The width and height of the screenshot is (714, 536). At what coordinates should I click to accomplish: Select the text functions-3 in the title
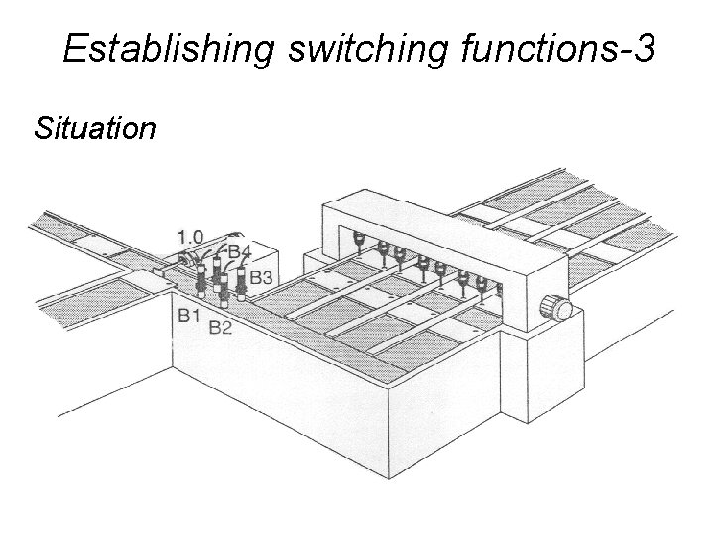tap(556, 48)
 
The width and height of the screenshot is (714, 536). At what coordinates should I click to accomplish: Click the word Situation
tap(94, 128)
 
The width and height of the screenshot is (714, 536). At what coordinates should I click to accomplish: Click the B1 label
tap(190, 315)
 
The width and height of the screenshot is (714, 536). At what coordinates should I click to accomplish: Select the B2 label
tap(220, 327)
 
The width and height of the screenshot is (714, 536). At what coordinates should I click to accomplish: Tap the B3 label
tap(261, 277)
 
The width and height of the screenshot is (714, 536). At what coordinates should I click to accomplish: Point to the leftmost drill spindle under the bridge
tap(358, 241)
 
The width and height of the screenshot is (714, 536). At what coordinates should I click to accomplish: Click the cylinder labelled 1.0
tap(186, 260)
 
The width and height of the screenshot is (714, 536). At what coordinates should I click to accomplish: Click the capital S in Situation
tap(43, 128)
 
